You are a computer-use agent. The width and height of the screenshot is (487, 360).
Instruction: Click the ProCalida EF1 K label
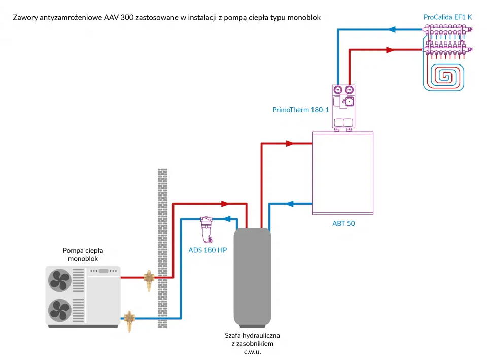coord(447,17)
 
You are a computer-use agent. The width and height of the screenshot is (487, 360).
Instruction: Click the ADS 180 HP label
coord(207,250)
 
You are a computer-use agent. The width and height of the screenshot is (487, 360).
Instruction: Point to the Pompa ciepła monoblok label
coord(83,254)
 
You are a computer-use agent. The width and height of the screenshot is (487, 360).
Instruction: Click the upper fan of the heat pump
coord(60,280)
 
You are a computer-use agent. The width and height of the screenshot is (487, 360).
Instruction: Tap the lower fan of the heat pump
coord(60,308)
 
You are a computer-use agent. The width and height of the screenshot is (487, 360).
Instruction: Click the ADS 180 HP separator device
coord(206,228)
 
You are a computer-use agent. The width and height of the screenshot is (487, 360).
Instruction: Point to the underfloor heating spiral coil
coord(446,75)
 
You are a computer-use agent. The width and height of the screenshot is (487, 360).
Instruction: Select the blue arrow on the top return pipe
coord(392,29)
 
